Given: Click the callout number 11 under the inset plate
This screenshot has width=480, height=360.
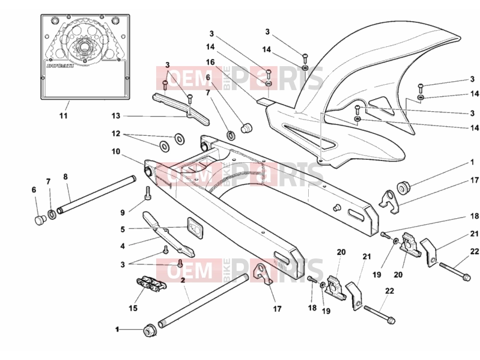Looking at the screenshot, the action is pyautogui.click(x=63, y=116).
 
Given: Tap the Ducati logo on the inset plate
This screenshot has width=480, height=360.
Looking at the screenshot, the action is pyautogui.click(x=60, y=66).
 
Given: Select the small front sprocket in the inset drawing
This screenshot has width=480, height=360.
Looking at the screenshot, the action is pyautogui.click(x=83, y=48).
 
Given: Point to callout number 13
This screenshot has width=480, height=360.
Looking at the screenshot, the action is pyautogui.click(x=116, y=116).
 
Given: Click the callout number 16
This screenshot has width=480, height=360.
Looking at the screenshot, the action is pyautogui.click(x=210, y=62).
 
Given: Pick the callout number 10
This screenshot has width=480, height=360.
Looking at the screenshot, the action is pyautogui.click(x=116, y=151).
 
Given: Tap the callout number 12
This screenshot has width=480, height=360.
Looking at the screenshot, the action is pyautogui.click(x=116, y=134).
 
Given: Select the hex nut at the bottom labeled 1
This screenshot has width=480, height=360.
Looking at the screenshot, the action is pyautogui.click(x=150, y=331).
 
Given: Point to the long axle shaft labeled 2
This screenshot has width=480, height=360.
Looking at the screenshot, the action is pyautogui.click(x=203, y=301).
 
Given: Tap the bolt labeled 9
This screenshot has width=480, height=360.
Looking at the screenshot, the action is pyautogui.click(x=148, y=193).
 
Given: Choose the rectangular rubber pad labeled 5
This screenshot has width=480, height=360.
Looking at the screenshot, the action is pyautogui.click(x=195, y=228).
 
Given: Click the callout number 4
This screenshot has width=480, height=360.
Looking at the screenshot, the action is pyautogui.click(x=123, y=246).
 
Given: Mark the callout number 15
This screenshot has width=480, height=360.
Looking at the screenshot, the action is pyautogui.click(x=133, y=308).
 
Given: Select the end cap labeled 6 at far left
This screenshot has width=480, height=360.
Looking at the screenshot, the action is pyautogui.click(x=40, y=219).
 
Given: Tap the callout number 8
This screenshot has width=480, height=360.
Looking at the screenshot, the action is pyautogui.click(x=65, y=177).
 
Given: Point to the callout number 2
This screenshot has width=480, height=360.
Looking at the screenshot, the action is pyautogui.click(x=183, y=280).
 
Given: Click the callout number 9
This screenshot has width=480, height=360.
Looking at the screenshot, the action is pyautogui.click(x=123, y=212).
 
